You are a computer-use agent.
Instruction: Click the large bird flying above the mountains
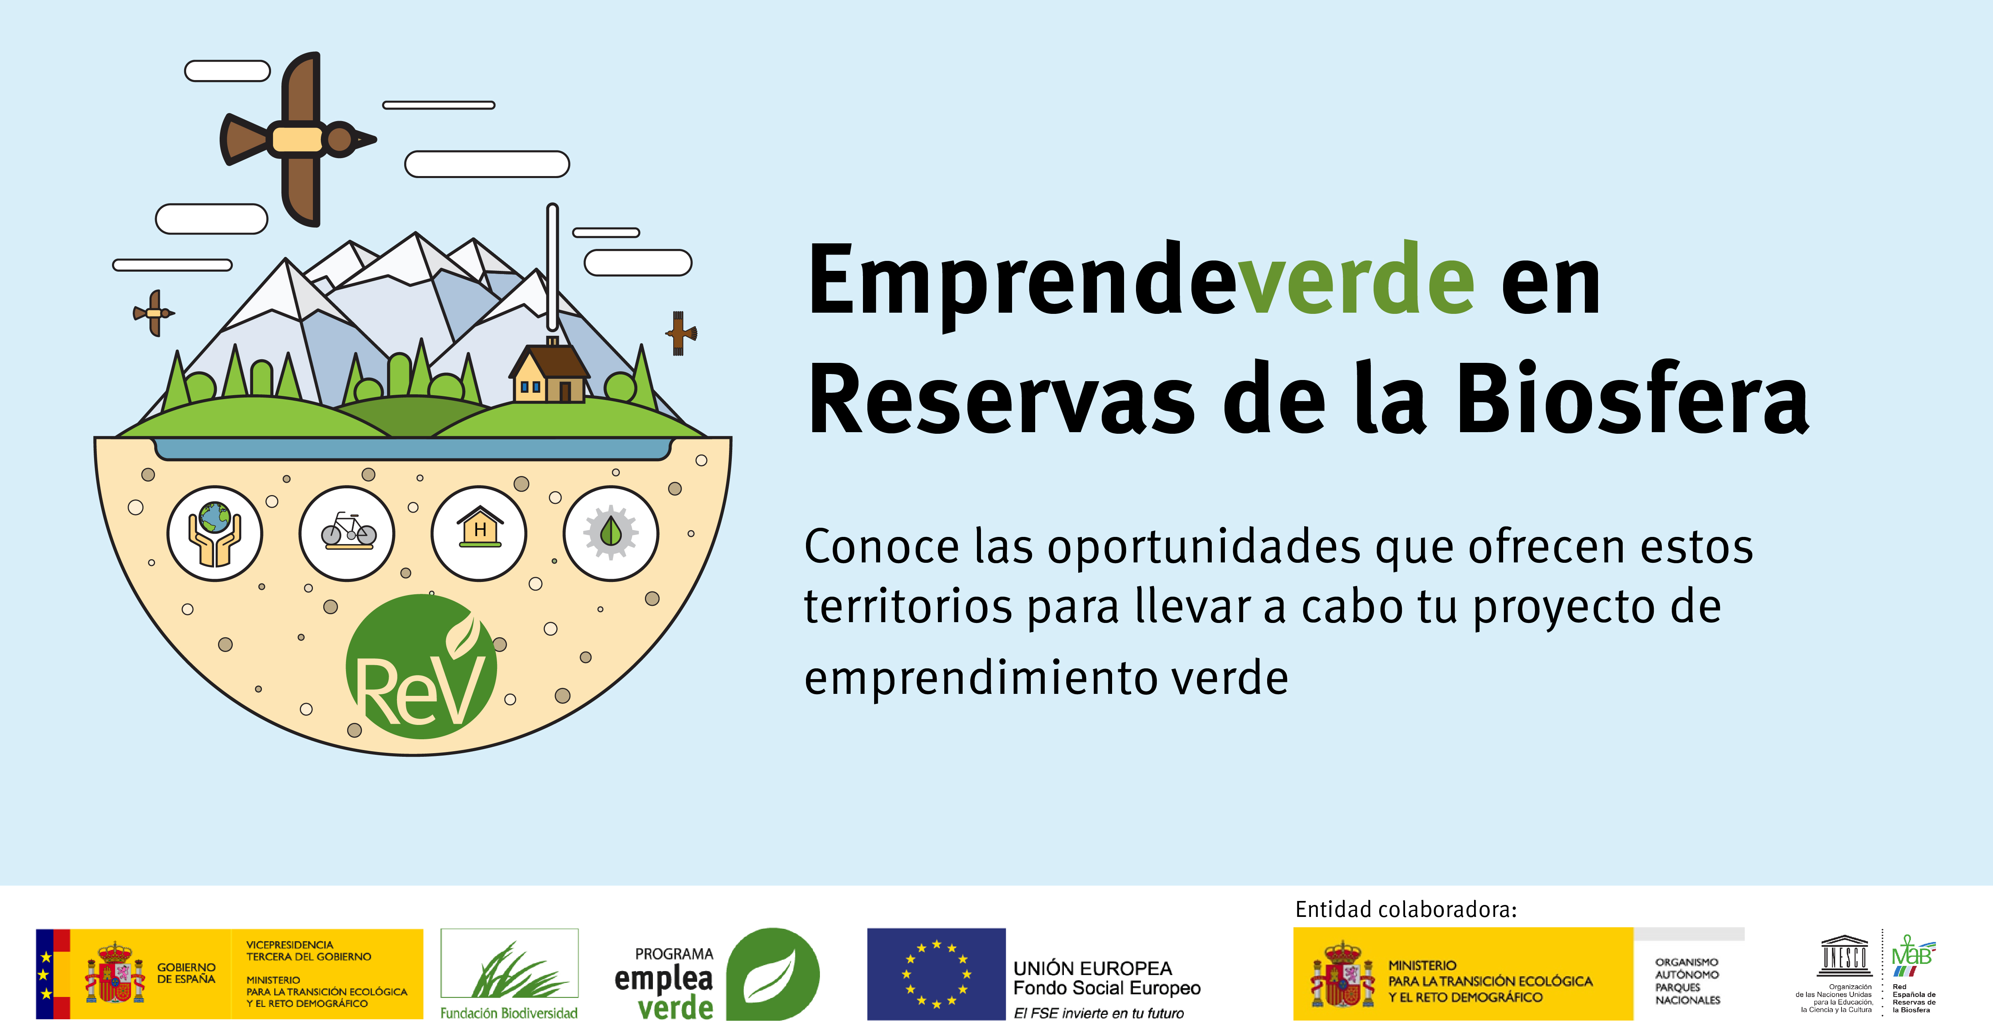click(x=298, y=139)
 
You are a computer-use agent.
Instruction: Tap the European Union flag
click(x=936, y=974)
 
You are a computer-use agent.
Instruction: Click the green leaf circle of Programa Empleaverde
click(x=772, y=974)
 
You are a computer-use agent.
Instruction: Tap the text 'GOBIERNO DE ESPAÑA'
click(x=187, y=973)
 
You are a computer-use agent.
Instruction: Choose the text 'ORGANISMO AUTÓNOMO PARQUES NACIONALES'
click(x=1687, y=981)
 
